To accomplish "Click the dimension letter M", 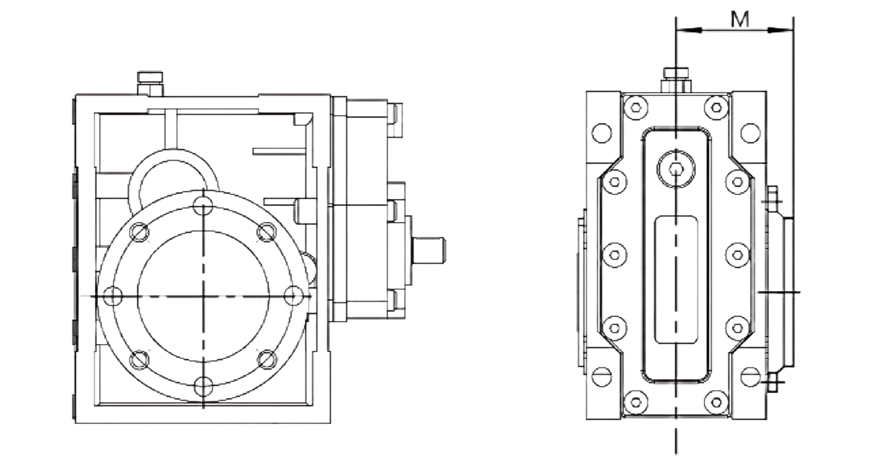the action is (x=740, y=20).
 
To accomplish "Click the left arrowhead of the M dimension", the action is (x=689, y=30).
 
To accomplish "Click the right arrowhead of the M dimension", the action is (x=781, y=30).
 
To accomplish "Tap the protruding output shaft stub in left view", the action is (x=429, y=250).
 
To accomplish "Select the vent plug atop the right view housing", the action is (x=676, y=79).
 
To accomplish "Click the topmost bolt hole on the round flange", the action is (x=203, y=206).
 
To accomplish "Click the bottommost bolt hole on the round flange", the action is (x=203, y=386).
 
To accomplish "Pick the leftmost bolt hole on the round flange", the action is (x=113, y=296).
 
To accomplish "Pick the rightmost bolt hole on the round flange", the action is (x=293, y=296).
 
